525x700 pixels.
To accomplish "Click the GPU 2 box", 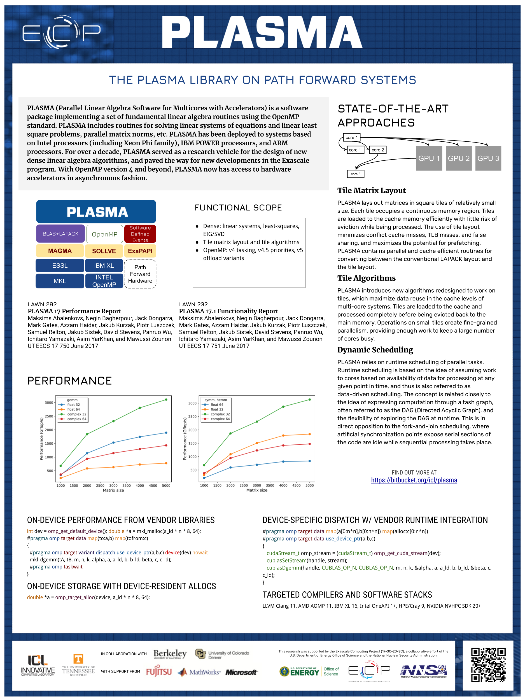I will click(459, 158).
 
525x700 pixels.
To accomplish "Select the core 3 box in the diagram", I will click(355, 174).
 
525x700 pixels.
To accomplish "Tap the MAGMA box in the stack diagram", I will click(60, 251).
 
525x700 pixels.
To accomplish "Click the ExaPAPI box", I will click(140, 251).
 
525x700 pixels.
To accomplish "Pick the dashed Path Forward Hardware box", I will click(140, 274).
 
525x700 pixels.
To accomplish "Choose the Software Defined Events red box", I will click(140, 234).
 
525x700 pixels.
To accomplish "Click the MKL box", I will click(60, 281).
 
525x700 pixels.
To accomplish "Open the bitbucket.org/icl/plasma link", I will click(414, 480).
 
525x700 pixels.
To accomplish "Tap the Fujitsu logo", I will click(159, 671).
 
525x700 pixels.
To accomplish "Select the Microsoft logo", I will click(241, 672).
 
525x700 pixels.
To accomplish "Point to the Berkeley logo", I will click(170, 654).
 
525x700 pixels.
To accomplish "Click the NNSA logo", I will click(424, 671).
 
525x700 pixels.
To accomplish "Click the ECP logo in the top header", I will click(61, 32).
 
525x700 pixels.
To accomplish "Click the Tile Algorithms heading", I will click(366, 278).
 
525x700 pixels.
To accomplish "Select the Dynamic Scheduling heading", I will click(375, 350).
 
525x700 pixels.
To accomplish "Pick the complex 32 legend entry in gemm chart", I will click(76, 414).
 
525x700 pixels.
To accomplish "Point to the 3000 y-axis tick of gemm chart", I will click(49, 403).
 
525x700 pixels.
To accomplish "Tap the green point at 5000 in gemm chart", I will click(166, 400).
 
